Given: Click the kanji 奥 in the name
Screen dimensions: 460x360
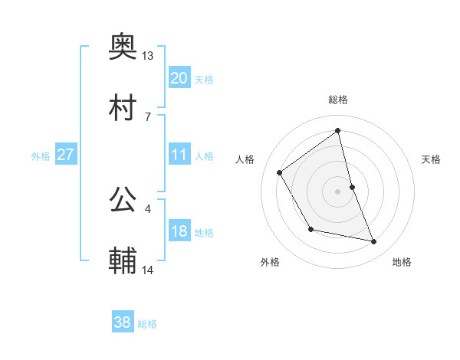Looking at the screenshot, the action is click(x=123, y=49).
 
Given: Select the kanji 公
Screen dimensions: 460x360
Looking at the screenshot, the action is click(x=123, y=200).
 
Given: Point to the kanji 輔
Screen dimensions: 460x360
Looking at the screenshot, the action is click(x=123, y=261).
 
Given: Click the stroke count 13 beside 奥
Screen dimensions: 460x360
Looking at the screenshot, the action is click(x=148, y=56).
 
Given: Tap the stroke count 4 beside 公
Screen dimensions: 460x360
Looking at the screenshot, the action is click(x=148, y=207).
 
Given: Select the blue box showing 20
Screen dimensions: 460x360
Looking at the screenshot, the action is click(x=179, y=77).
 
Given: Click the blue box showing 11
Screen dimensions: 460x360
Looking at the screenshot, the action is click(x=179, y=155).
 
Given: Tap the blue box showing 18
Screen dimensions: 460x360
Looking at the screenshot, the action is click(x=179, y=231).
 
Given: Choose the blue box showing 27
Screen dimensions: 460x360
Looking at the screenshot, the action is click(x=65, y=155).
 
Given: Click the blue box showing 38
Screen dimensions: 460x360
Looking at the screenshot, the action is click(x=122, y=322).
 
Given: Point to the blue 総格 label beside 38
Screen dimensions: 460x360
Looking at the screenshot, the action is click(x=147, y=324).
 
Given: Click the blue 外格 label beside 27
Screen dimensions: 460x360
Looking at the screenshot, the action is click(x=41, y=156).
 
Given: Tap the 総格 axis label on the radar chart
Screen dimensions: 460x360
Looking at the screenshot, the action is click(x=338, y=100).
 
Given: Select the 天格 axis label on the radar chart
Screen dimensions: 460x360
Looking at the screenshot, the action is click(x=432, y=159).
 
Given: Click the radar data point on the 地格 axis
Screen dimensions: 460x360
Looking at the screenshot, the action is click(x=374, y=242).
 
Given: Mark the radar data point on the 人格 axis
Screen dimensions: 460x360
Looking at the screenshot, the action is click(x=280, y=172).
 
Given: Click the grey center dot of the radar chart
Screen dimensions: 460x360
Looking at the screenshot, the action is click(x=338, y=191).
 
